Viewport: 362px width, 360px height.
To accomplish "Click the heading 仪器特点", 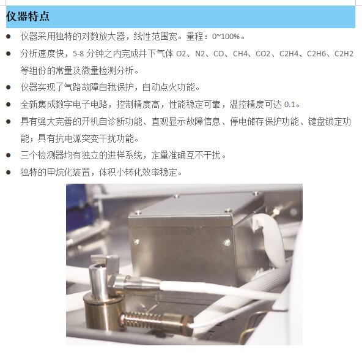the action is tap(28, 17).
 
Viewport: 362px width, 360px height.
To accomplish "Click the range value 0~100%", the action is tap(226, 37).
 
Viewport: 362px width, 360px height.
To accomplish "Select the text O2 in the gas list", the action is tap(181, 54).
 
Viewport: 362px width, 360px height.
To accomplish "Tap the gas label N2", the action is tap(200, 54).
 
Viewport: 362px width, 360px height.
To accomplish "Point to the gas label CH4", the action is tap(240, 54).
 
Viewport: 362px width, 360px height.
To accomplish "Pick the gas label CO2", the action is tap(263, 54).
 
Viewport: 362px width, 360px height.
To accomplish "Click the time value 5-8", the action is tap(78, 54).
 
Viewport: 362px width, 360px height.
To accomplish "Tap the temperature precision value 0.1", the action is tap(289, 105).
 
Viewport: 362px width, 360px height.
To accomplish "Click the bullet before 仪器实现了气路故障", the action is tap(9, 88).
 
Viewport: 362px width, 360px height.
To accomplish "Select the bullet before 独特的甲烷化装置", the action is tap(9, 172).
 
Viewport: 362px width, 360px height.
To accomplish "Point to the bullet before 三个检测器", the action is tap(9, 155).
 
